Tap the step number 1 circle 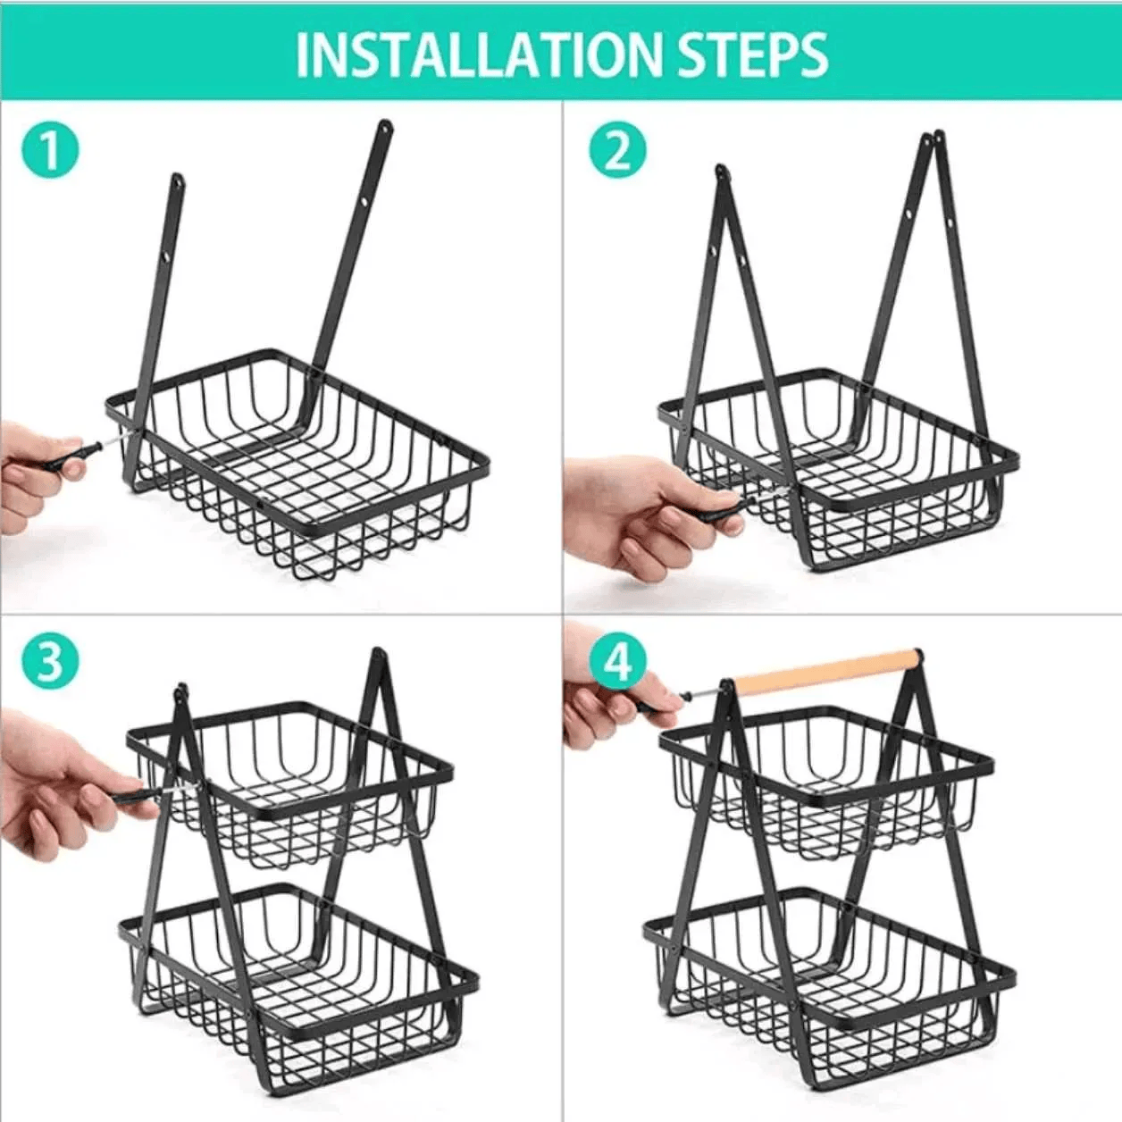click(x=51, y=149)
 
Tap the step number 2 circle click(x=617, y=149)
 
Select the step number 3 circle click(x=51, y=662)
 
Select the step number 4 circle click(x=617, y=662)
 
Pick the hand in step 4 click(x=607, y=706)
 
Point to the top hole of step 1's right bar click(x=385, y=130)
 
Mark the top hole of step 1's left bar click(x=178, y=184)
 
